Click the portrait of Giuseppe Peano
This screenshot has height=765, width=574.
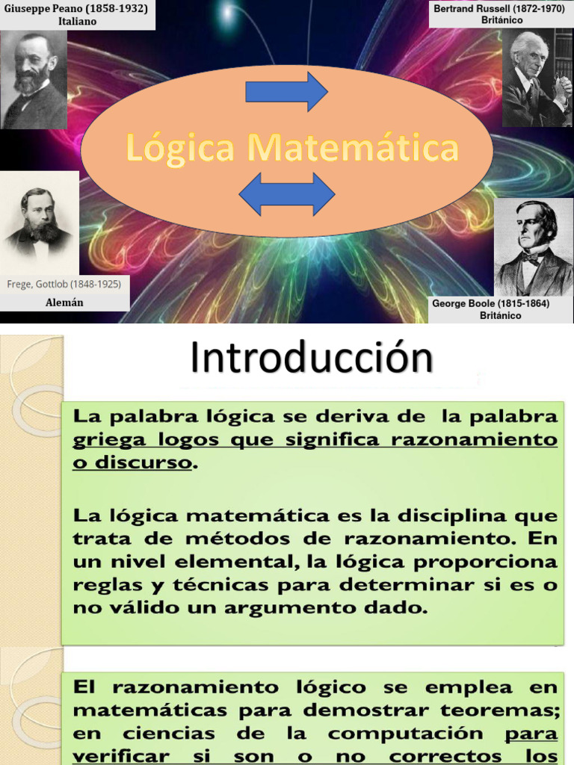34,80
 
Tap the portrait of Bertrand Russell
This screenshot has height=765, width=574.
537,78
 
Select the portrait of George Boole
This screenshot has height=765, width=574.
534,247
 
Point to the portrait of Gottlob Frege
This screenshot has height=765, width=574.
39,223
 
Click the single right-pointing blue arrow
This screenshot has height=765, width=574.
286,92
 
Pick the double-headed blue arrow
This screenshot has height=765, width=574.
286,193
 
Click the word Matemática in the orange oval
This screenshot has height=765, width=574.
352,148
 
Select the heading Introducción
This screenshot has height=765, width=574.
311,359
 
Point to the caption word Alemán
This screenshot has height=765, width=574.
64,303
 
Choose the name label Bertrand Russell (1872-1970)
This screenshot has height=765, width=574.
501,8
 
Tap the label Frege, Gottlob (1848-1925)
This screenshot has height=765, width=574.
64,284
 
